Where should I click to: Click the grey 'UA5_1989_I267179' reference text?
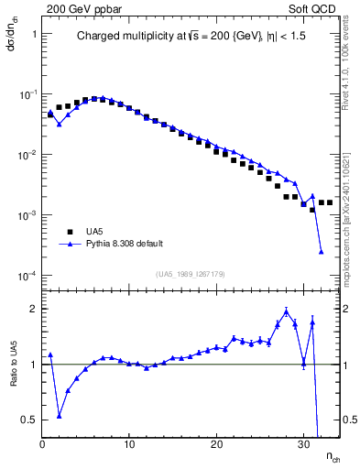pyautogui.click(x=191, y=274)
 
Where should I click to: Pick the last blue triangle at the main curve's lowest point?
pyautogui.click(x=322, y=252)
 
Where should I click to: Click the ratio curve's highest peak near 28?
pyautogui.click(x=287, y=311)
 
